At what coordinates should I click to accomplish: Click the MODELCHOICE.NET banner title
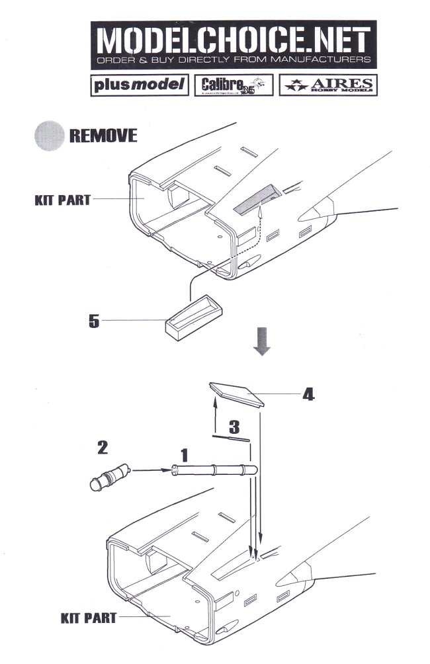(233, 42)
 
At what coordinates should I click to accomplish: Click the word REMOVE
(103, 136)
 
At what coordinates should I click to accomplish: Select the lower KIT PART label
(88, 618)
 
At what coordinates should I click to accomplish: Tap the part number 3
(233, 425)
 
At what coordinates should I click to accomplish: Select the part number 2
(103, 447)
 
